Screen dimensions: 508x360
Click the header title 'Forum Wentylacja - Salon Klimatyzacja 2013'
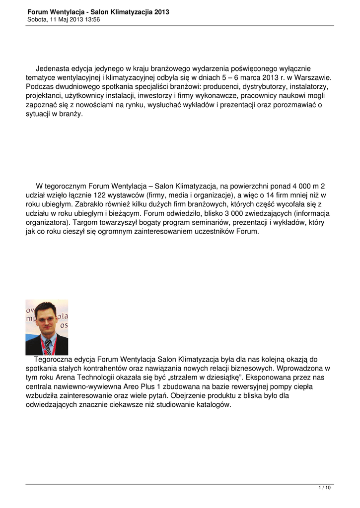[98, 12]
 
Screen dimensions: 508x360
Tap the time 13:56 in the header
[92, 20]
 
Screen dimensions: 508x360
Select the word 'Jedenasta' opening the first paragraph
[53, 68]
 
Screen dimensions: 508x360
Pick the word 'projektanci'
[43, 96]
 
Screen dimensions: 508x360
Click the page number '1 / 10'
[324, 488]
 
